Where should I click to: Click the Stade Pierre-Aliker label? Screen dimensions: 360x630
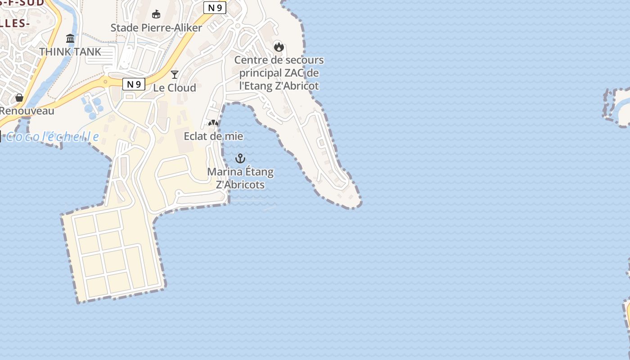click(156, 27)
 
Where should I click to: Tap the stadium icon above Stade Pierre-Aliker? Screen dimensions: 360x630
click(156, 14)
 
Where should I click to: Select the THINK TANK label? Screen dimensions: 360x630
click(70, 52)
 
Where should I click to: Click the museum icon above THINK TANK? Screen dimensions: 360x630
click(70, 39)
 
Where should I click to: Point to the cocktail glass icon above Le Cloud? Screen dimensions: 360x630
click(175, 75)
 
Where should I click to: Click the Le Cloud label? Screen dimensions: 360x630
click(175, 88)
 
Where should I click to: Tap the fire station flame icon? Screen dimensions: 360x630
click(279, 46)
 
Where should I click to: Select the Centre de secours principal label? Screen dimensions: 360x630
click(279, 72)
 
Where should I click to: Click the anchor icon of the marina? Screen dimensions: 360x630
click(240, 158)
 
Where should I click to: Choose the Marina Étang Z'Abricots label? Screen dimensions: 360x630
click(240, 178)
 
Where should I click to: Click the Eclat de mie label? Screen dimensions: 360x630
click(213, 136)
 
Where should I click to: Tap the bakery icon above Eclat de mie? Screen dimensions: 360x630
click(213, 123)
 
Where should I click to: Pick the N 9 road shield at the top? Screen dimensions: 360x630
click(215, 7)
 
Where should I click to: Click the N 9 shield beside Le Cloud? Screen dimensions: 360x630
click(134, 84)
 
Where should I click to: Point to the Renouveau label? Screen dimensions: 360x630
click(27, 111)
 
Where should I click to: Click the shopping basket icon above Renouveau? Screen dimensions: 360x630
click(19, 98)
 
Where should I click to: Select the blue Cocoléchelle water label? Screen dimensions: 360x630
click(52, 136)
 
